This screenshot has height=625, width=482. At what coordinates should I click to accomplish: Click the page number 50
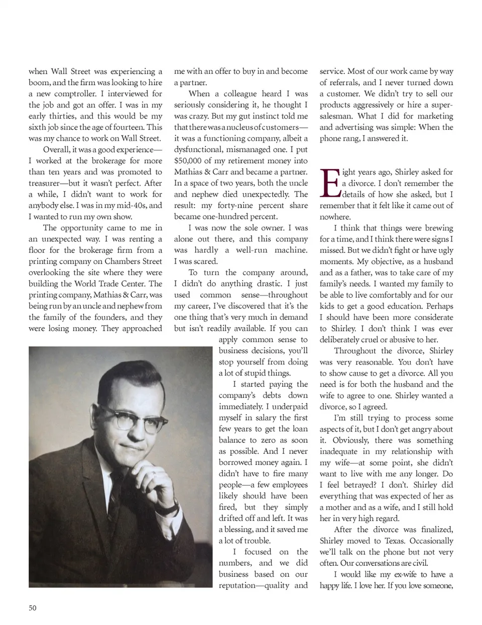[33, 608]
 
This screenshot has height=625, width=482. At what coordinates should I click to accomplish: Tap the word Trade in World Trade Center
[115, 284]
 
